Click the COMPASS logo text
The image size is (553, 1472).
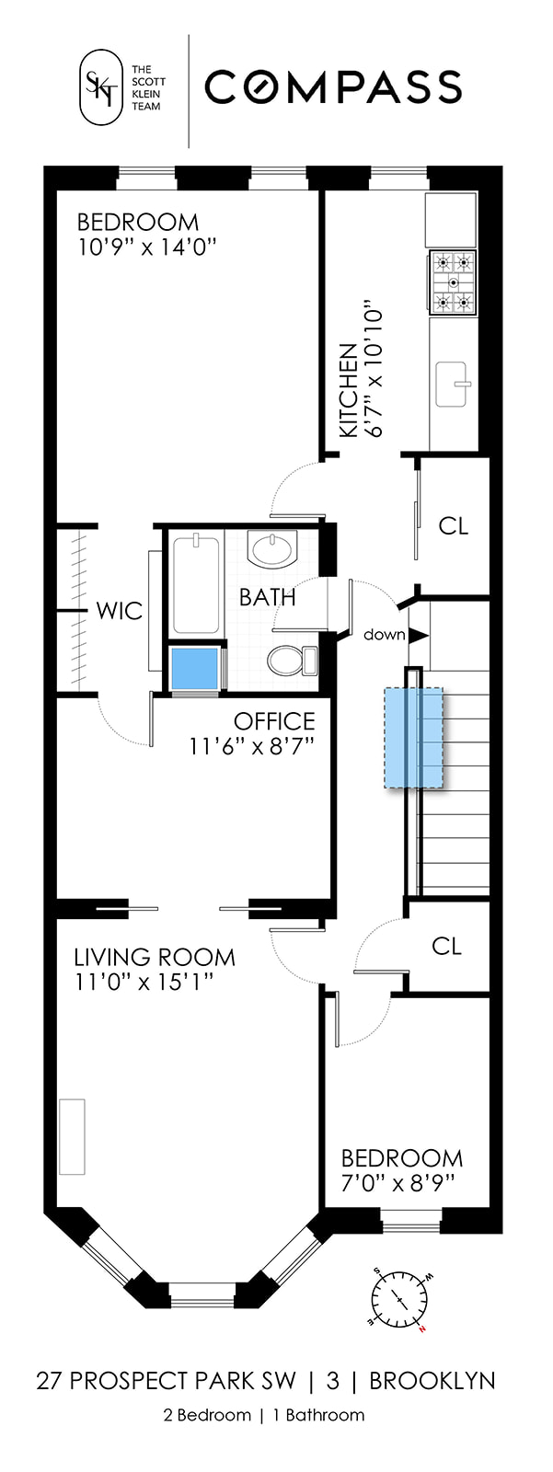point(332,88)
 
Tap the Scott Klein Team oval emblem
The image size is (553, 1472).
point(101,88)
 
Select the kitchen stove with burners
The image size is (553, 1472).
point(453,282)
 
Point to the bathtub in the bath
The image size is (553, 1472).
point(196,584)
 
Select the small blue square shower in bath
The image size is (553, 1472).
point(195,667)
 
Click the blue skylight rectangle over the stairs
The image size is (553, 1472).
point(413,737)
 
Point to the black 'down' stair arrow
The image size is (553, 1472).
point(419,635)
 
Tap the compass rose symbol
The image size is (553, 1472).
point(399,1300)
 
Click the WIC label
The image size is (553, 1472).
point(120,610)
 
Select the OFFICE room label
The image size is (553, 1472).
point(273,721)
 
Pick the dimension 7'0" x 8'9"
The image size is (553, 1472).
point(397,1181)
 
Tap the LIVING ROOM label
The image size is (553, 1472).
point(155,957)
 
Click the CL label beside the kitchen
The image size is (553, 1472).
point(453,525)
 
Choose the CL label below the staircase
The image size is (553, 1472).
point(446,946)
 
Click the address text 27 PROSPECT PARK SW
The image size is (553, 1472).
point(167,1381)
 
